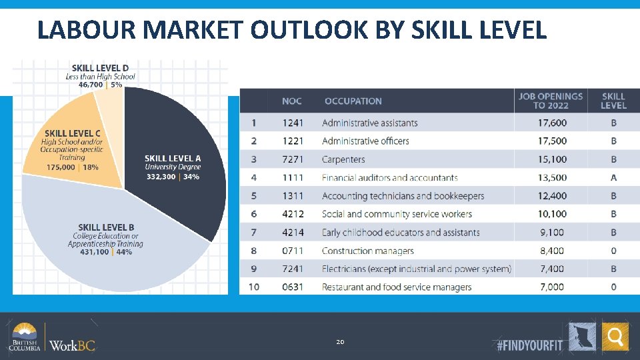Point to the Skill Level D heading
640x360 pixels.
click(101, 68)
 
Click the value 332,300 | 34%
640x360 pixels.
click(173, 177)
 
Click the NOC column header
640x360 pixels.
click(292, 101)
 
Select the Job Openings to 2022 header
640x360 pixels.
click(550, 101)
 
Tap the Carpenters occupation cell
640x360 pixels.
click(343, 159)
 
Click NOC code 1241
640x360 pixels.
click(292, 123)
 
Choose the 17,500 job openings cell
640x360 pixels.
click(550, 141)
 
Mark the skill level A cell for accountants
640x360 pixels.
click(613, 177)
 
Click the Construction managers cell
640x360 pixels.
click(367, 251)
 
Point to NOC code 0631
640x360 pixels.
click(292, 287)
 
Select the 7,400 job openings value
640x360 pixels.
click(550, 269)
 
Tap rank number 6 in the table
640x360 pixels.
click(253, 214)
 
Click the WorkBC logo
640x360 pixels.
click(73, 345)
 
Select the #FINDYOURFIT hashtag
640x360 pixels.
click(530, 345)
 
